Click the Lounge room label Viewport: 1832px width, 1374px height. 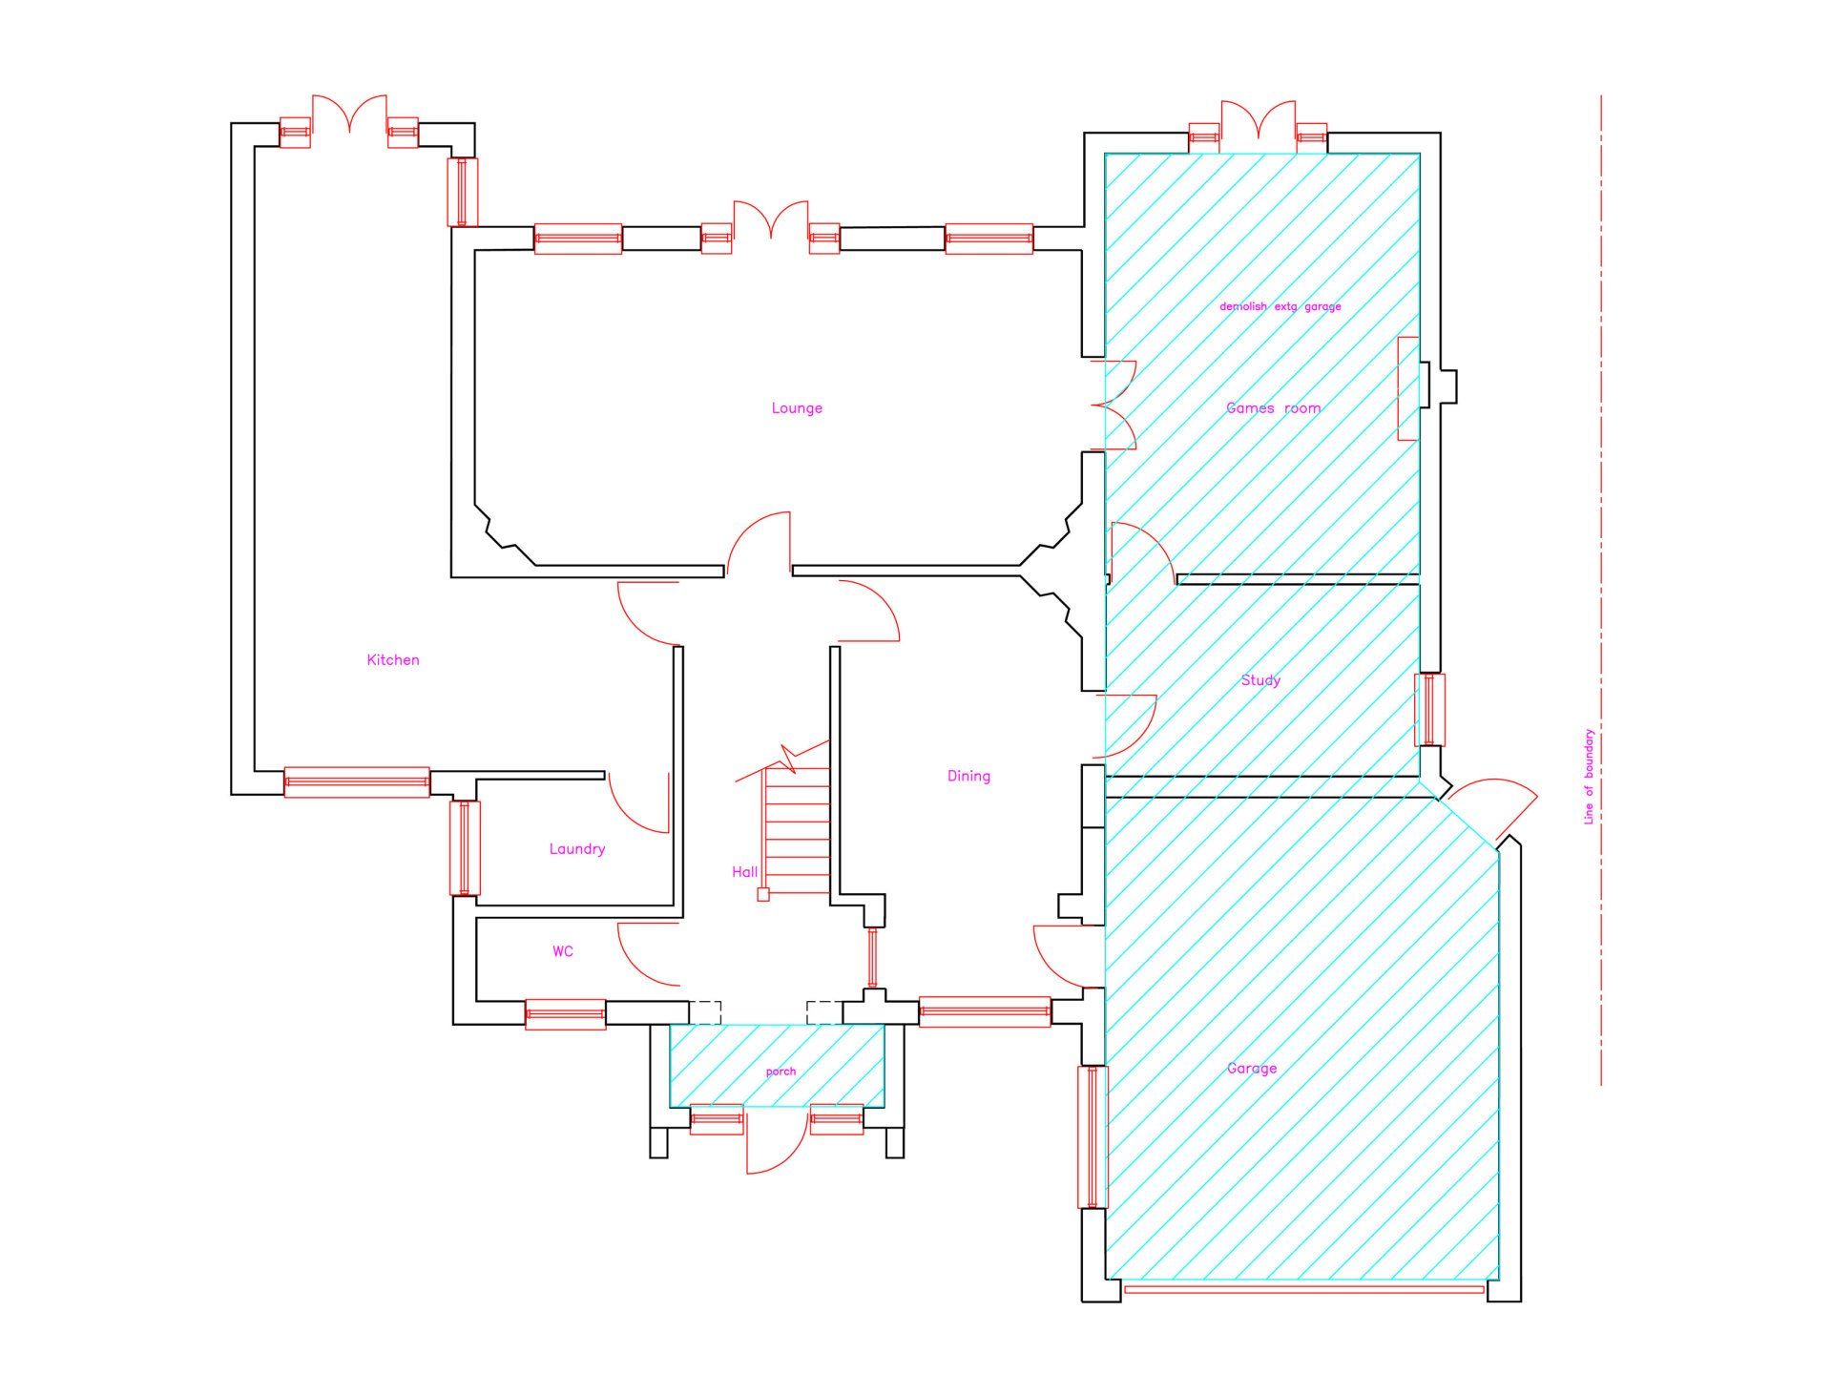pyautogui.click(x=797, y=408)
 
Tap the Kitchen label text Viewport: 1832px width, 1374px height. pyautogui.click(x=393, y=660)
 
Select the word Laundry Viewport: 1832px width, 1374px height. pyautogui.click(x=577, y=849)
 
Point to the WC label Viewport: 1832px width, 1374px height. pyautogui.click(x=563, y=951)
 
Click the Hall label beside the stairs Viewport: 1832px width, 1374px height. pyautogui.click(x=744, y=872)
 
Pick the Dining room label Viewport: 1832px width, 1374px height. pyautogui.click(x=968, y=777)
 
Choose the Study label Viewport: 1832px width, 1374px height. pyautogui.click(x=1260, y=680)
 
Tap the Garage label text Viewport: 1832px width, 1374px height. pyautogui.click(x=1252, y=1069)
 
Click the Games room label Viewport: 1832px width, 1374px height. pyautogui.click(x=1274, y=408)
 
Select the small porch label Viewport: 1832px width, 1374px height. pyautogui.click(x=781, y=1072)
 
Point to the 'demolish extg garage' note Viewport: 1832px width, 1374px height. pyautogui.click(x=1280, y=306)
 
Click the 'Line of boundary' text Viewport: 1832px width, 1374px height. pyautogui.click(x=1589, y=777)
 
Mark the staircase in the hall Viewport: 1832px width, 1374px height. pyautogui.click(x=794, y=821)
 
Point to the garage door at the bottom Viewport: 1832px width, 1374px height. pyautogui.click(x=1304, y=1289)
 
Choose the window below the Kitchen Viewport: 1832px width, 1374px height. pyautogui.click(x=357, y=782)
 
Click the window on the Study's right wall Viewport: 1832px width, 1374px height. pyautogui.click(x=1429, y=709)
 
